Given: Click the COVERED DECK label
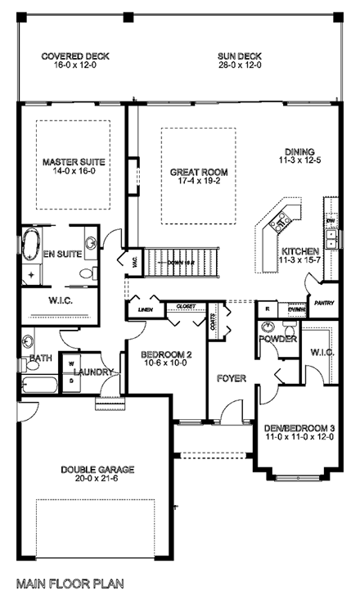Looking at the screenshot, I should (75, 56).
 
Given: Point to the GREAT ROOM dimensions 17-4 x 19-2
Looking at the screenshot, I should (199, 183).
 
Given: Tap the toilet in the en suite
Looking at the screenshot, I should (92, 242).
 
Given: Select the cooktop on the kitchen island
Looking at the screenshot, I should (281, 219).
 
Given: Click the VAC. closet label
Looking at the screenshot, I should (133, 263).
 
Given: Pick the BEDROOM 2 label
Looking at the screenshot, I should (166, 354).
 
